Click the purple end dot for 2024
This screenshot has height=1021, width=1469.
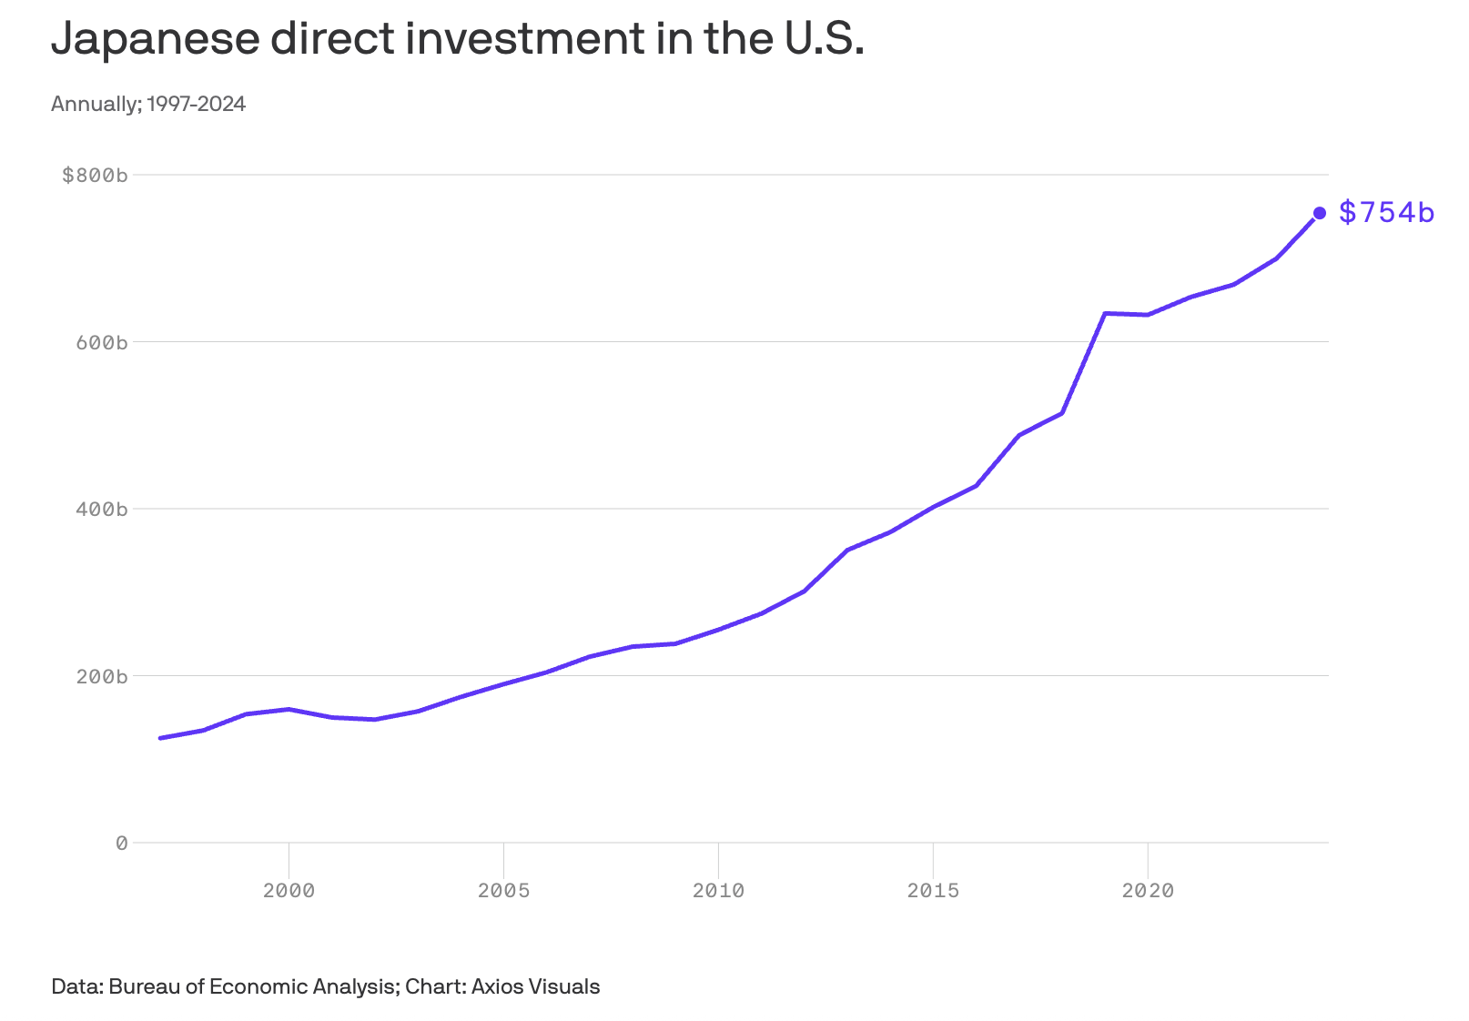point(1319,213)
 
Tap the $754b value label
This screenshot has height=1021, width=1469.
point(1386,213)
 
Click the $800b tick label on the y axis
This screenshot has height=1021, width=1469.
point(94,175)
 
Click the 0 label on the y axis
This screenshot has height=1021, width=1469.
point(121,844)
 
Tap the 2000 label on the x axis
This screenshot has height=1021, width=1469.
point(289,891)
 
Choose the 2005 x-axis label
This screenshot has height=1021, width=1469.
point(503,891)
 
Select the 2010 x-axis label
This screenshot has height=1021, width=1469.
point(718,891)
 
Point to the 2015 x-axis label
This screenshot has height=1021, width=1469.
point(933,891)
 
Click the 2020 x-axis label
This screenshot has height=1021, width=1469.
point(1148,891)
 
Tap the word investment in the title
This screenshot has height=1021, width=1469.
point(523,38)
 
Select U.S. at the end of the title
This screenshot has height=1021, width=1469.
point(822,38)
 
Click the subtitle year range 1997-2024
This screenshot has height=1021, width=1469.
point(196,104)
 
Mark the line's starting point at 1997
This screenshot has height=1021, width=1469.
point(160,738)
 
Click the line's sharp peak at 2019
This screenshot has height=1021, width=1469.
point(1104,313)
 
